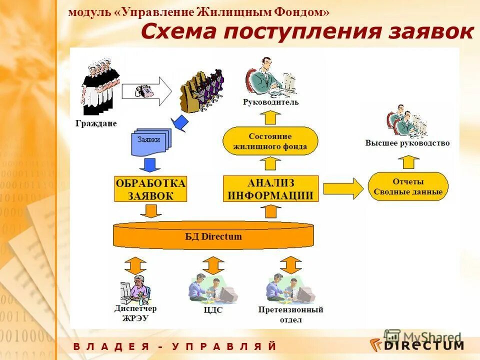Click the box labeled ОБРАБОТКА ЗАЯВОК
[x=150, y=188]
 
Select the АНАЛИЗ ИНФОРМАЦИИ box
[x=270, y=188]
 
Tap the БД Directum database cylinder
[x=213, y=236]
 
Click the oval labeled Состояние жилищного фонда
[x=270, y=141]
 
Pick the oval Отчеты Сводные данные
[x=408, y=186]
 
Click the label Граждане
[x=96, y=123]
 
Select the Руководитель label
[x=270, y=102]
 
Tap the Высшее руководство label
[x=407, y=143]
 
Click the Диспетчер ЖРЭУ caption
[x=132, y=313]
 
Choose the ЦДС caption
[x=213, y=310]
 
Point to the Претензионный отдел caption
[x=290, y=314]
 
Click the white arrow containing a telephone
[x=146, y=91]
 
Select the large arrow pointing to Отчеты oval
[x=343, y=188]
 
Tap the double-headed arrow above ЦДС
[x=213, y=264]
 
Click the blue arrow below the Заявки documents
[x=148, y=164]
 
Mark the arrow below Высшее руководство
[x=408, y=161]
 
